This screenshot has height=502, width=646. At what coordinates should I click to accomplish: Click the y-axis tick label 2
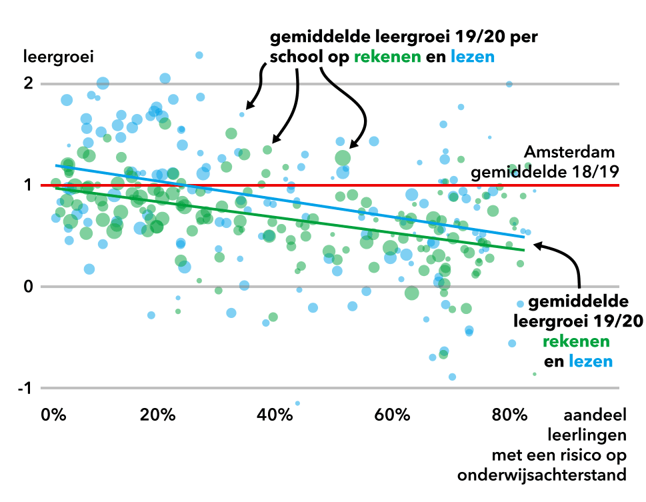point(27,84)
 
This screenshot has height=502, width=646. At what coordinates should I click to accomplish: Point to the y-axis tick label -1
point(24,389)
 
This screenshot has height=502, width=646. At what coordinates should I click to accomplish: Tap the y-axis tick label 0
point(27,287)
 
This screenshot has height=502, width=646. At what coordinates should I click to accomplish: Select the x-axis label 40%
point(274,415)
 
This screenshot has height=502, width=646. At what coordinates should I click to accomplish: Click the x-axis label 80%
point(509,415)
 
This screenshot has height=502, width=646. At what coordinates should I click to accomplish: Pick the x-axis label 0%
point(53,415)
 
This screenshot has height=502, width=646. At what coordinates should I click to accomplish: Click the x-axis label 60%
point(392,415)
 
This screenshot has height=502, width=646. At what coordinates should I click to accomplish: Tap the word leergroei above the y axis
point(57,56)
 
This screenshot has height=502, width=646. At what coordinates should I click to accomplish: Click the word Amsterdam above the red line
point(569,152)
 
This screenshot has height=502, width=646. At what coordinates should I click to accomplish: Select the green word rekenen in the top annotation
point(388,57)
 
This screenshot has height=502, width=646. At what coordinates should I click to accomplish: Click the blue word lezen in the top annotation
point(473,57)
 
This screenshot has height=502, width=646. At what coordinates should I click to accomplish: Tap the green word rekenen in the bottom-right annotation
point(576,341)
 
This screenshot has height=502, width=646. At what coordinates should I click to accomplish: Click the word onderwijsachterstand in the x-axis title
point(542,475)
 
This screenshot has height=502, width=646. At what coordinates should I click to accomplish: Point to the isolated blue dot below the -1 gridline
point(297,403)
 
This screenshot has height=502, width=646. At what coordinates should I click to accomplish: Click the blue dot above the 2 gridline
point(199,55)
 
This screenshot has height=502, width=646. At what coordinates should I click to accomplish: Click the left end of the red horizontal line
point(41,185)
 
